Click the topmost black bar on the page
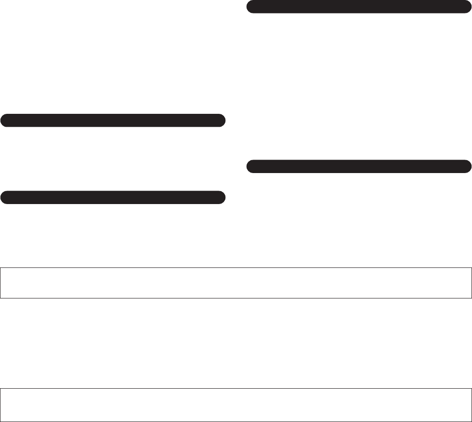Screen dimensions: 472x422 point(359,7)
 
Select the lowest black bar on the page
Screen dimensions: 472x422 point(113,197)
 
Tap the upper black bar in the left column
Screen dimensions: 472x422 point(113,121)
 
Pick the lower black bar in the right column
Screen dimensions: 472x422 point(359,166)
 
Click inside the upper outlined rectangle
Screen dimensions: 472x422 point(236,283)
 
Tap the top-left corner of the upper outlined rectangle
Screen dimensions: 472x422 point(0,267)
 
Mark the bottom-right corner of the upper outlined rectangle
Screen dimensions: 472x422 point(471,298)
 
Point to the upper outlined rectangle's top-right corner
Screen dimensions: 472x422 point(471,267)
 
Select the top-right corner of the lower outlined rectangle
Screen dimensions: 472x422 point(471,388)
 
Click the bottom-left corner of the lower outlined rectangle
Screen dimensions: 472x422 point(0,421)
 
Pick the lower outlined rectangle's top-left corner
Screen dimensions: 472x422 point(0,388)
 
